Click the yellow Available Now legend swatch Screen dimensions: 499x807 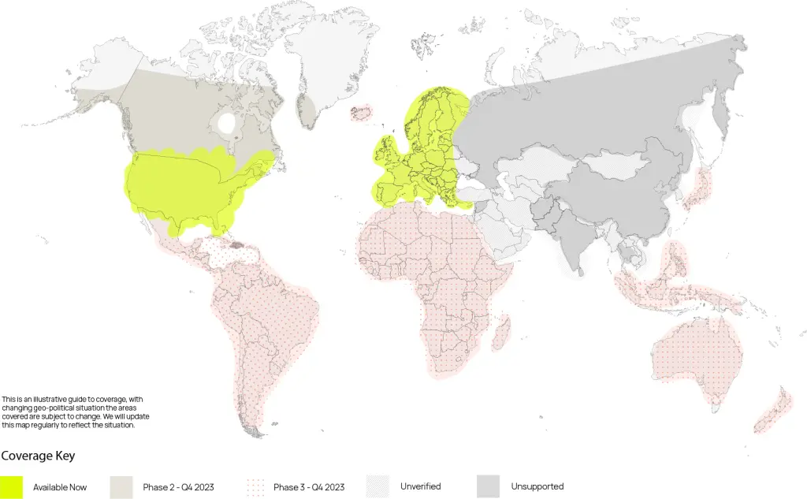12,486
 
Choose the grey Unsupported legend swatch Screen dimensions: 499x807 489,486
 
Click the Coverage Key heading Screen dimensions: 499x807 38,456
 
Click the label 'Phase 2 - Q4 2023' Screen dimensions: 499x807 178,487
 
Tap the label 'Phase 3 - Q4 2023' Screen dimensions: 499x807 309,487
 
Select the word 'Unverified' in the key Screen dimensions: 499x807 420,486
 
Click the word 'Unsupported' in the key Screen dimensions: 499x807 537,486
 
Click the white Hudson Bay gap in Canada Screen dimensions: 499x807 226,124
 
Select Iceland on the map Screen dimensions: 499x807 361,112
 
